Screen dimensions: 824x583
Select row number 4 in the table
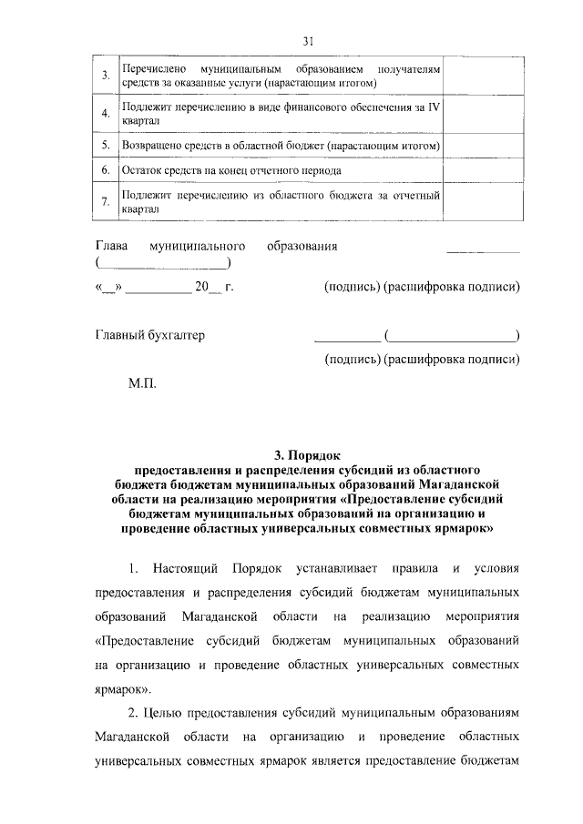[107, 114]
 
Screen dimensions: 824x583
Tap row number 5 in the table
[107, 145]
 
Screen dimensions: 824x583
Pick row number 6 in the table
[107, 170]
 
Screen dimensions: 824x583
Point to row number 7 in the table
[107, 201]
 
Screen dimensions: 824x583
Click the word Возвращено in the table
[151, 146]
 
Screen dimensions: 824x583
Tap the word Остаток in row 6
[142, 171]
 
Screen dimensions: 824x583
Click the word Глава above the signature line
[112, 247]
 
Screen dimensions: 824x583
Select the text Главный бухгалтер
[150, 335]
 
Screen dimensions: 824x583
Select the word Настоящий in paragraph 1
[189, 570]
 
